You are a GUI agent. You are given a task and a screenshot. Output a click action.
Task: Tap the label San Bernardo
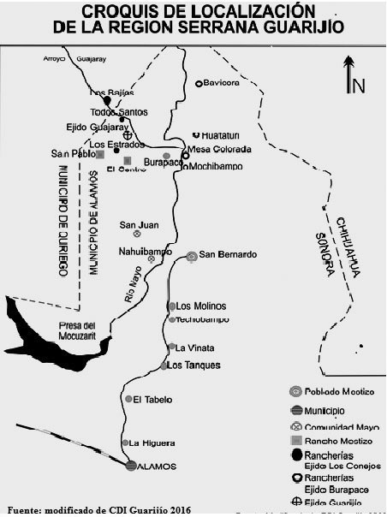[x=228, y=254]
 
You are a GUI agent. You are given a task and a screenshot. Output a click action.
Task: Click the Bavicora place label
[x=220, y=83]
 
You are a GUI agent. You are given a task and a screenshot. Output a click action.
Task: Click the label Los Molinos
[x=200, y=306]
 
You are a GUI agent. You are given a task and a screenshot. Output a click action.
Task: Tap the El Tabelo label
[x=152, y=399]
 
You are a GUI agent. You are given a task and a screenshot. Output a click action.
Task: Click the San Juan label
[x=139, y=225]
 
